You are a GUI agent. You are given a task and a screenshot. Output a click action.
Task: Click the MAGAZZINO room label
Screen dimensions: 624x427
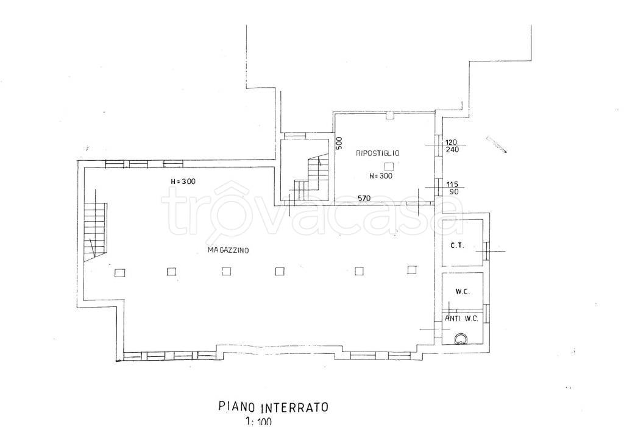tap(228, 250)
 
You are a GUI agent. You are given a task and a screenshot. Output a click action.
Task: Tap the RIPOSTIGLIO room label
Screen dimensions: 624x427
tap(378, 153)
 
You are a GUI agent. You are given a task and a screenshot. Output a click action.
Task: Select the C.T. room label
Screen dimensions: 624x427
tap(457, 245)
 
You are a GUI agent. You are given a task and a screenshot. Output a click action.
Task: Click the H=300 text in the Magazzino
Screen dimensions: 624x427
tap(183, 182)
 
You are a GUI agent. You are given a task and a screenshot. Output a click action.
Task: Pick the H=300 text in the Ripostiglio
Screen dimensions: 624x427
tap(380, 176)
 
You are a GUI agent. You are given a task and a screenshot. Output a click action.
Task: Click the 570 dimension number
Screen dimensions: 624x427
tap(364, 198)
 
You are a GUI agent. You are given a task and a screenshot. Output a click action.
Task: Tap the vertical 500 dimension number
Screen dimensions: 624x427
tap(339, 143)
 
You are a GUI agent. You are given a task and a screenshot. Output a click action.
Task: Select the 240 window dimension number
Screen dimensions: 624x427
tap(453, 150)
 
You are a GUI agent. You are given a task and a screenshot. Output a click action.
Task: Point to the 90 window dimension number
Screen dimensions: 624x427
tap(453, 192)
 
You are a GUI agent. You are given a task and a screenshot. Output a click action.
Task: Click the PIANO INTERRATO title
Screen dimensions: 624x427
tap(274, 407)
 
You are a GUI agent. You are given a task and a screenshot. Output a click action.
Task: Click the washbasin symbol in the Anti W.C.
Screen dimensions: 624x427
tap(461, 338)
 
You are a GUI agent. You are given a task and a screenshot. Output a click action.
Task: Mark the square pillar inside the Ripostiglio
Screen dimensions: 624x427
tap(389, 166)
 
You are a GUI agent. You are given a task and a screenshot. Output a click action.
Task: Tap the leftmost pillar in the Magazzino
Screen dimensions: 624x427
tap(120, 273)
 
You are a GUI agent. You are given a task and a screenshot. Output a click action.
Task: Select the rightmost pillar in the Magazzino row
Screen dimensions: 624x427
tap(412, 270)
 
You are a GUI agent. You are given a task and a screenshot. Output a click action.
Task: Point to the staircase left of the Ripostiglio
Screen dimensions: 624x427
tap(311, 179)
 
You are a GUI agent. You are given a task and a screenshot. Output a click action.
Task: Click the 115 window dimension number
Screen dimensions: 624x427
tap(452, 185)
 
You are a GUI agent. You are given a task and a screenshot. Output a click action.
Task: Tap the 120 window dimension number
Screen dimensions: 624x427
tap(452, 142)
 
